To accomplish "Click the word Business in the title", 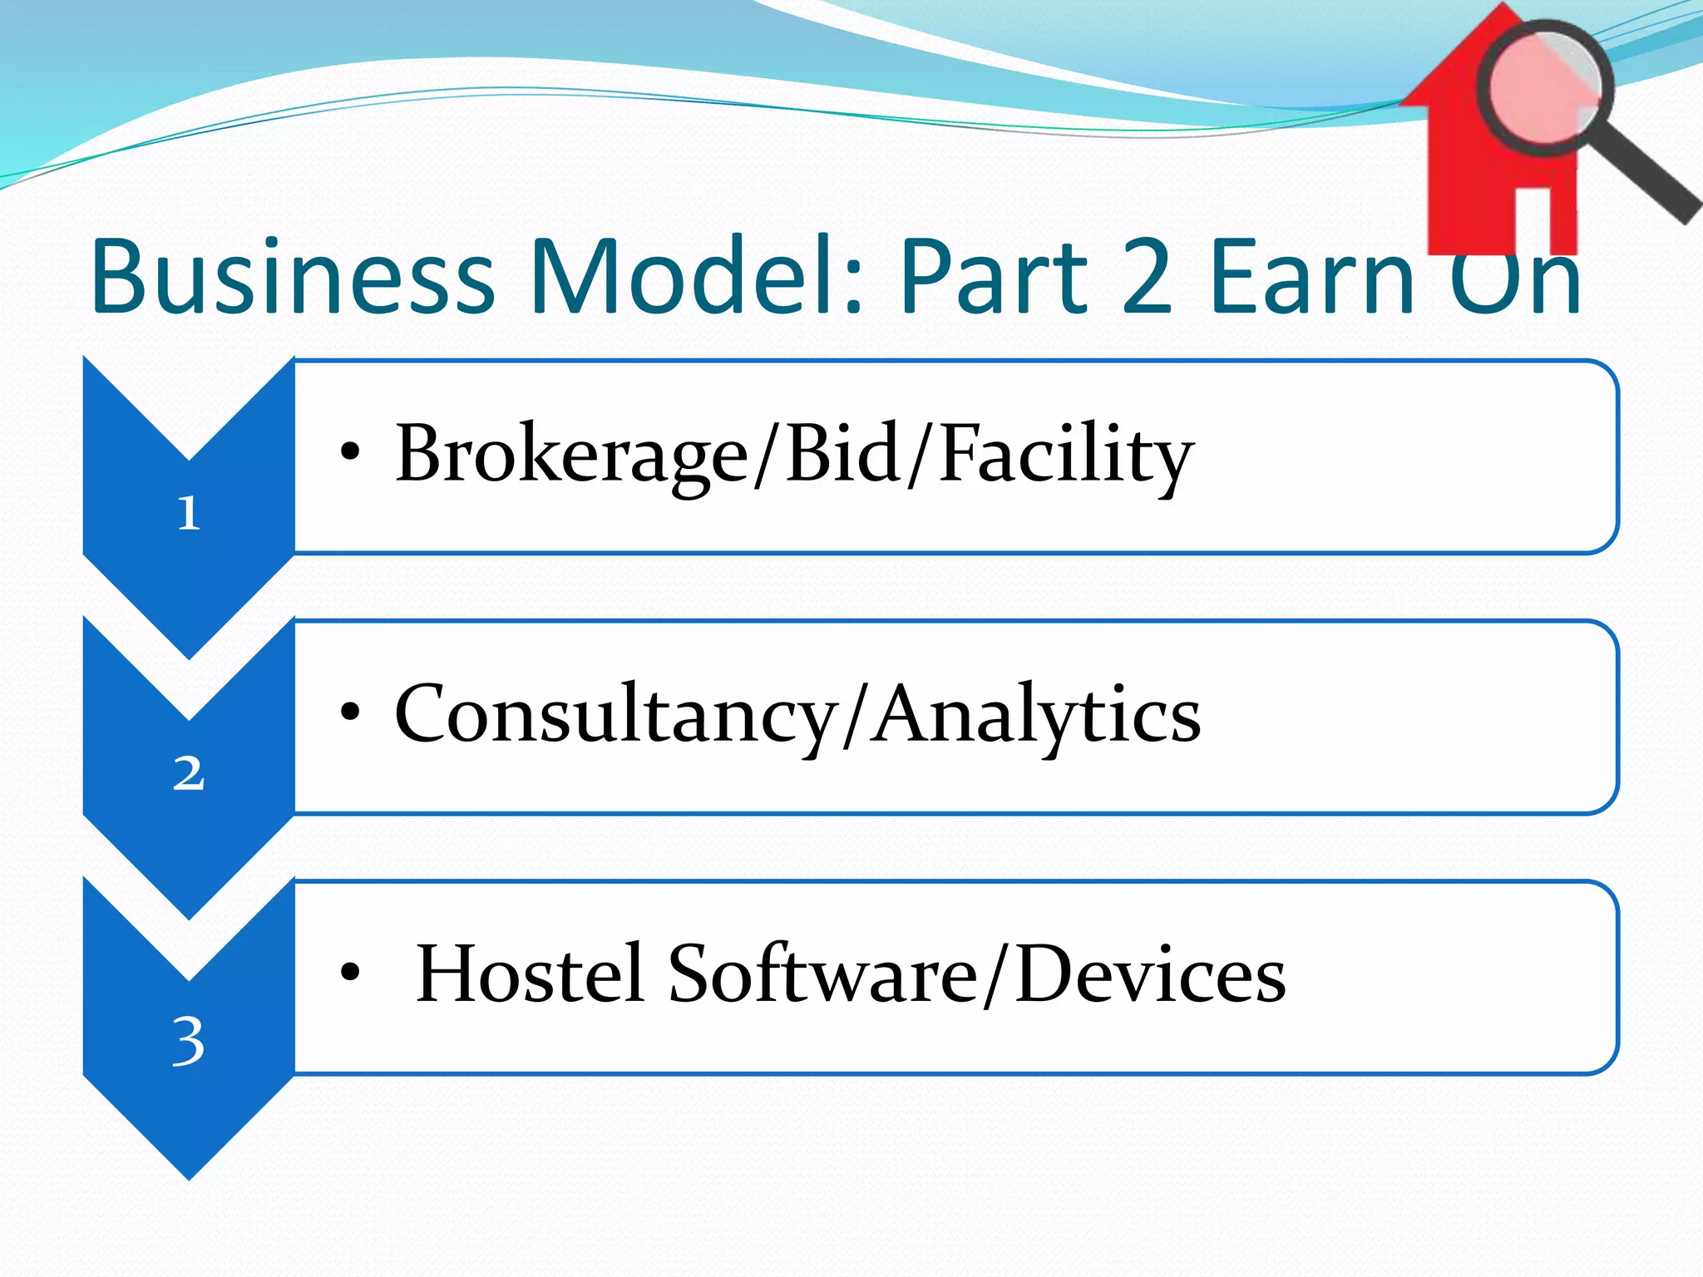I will click(293, 276).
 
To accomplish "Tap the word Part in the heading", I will click(994, 276).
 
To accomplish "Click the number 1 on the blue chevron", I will click(189, 513).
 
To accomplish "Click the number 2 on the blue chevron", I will click(189, 773).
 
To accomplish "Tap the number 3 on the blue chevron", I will click(189, 1040).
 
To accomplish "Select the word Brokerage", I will click(572, 456).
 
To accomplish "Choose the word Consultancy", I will click(615, 715).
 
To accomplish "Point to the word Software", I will click(822, 974).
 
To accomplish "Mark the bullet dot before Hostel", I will click(350, 972).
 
